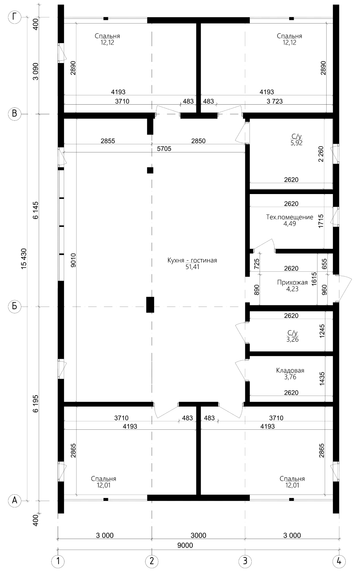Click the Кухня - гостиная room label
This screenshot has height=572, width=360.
pos(192,260)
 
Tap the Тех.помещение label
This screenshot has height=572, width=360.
pos(289,217)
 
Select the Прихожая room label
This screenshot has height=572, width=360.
pos(292,282)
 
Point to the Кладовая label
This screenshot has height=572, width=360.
pos(290,370)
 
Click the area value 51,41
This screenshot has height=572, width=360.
pos(192,267)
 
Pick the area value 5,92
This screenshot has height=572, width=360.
pos(296,143)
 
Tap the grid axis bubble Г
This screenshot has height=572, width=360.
pos(15,17)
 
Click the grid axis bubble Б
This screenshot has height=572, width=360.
pos(15,306)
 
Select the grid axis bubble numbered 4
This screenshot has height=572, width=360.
pos(339,561)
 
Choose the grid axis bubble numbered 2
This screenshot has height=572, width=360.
pos(152,561)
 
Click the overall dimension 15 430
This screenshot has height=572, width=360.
pos(24,259)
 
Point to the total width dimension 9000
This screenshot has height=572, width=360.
pos(185,545)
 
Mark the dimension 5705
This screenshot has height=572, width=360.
pos(164,149)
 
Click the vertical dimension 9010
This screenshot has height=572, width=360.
pos(73,260)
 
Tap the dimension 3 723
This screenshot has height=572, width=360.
pos(274,101)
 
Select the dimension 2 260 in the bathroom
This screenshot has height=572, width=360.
pos(321,154)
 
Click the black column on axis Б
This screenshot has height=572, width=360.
pos(150,305)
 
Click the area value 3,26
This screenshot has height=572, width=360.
pos(292,340)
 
